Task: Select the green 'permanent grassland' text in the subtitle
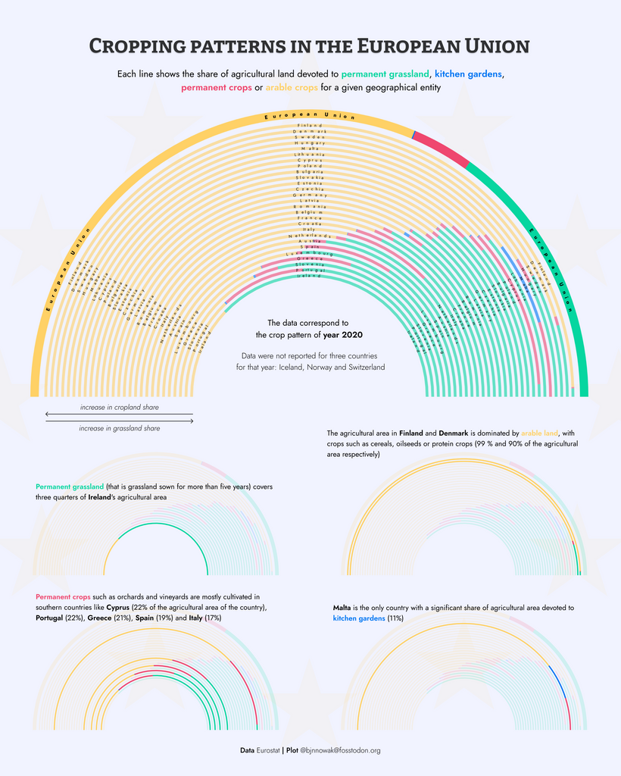pos(385,74)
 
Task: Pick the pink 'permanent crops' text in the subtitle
pos(216,88)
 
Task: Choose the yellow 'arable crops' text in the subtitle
pos(291,88)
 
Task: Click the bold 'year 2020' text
pos(342,334)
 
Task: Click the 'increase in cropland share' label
pos(119,408)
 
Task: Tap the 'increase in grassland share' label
pos(119,428)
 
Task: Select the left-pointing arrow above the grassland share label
pos(119,415)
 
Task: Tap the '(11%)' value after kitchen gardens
pos(395,618)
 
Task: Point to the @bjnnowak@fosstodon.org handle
pos(340,750)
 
